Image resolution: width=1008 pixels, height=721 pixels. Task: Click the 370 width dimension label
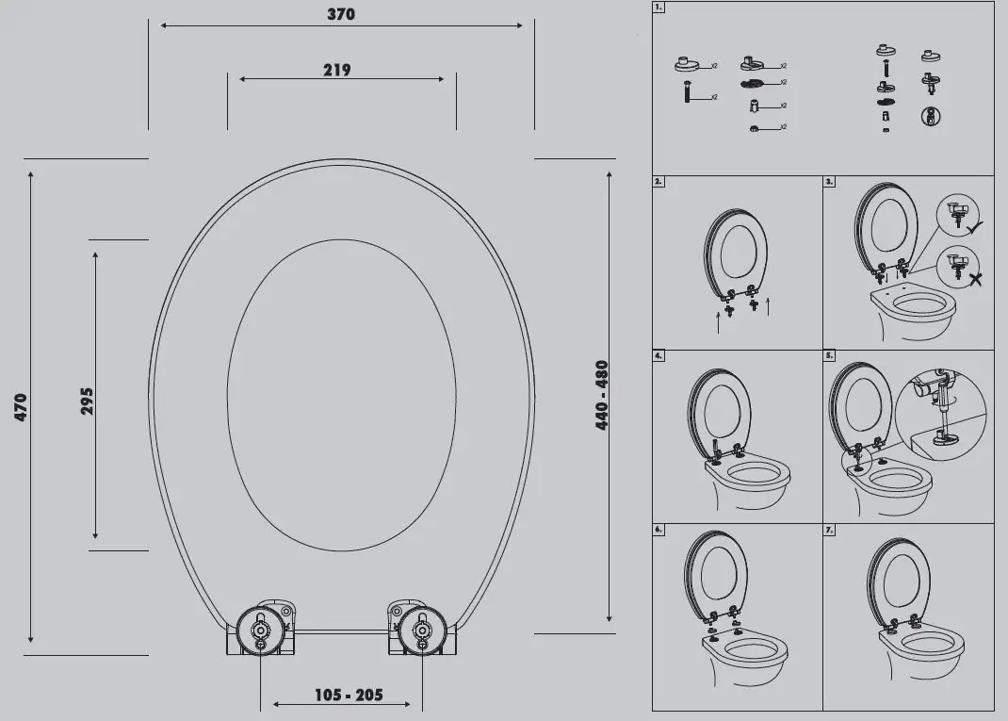point(341,14)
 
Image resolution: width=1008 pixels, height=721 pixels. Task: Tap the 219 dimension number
point(336,69)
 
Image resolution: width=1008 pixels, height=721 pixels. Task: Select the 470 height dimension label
point(21,407)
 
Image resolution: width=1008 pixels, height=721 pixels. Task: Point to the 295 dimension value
point(87,401)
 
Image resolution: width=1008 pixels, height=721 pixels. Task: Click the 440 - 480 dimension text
point(602,396)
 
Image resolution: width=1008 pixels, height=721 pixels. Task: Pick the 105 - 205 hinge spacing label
point(349,696)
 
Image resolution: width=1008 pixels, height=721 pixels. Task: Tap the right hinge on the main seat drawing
point(422,629)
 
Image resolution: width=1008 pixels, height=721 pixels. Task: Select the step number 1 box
point(658,8)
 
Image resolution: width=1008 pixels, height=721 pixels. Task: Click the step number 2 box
point(658,181)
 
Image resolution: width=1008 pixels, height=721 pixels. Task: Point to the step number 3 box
point(829,181)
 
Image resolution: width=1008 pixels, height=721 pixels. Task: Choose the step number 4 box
point(658,356)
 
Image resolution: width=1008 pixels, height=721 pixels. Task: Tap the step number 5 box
point(829,356)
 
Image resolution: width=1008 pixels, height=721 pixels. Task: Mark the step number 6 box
point(658,530)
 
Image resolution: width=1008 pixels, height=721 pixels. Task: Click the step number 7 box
point(829,530)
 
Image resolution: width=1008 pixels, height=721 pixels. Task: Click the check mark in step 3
point(975,226)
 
